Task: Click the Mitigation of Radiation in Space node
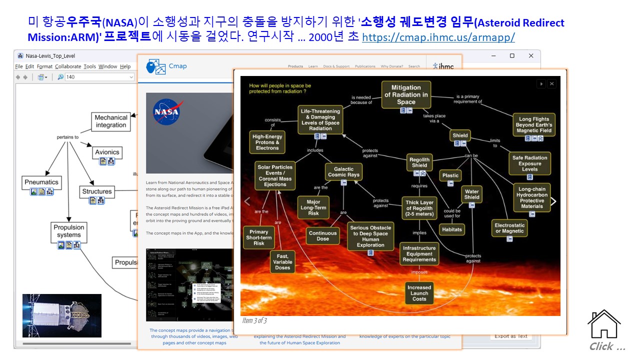[406, 94]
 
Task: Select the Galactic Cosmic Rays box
[344, 172]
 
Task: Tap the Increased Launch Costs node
[419, 293]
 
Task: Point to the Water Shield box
[471, 194]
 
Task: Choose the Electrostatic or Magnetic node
[509, 228]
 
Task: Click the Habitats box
[451, 229]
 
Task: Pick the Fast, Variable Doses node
[282, 261]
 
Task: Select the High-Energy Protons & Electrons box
[267, 142]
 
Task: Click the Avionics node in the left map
[107, 152]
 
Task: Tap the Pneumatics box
[41, 182]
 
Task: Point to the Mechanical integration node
[111, 121]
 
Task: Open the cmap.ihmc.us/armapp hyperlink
[438, 37]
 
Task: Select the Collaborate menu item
[68, 66]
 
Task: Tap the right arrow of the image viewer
[553, 201]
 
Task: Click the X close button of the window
[531, 55]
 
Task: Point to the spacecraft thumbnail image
[62, 315]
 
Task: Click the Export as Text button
[510, 336]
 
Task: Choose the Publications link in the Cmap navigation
[365, 66]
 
